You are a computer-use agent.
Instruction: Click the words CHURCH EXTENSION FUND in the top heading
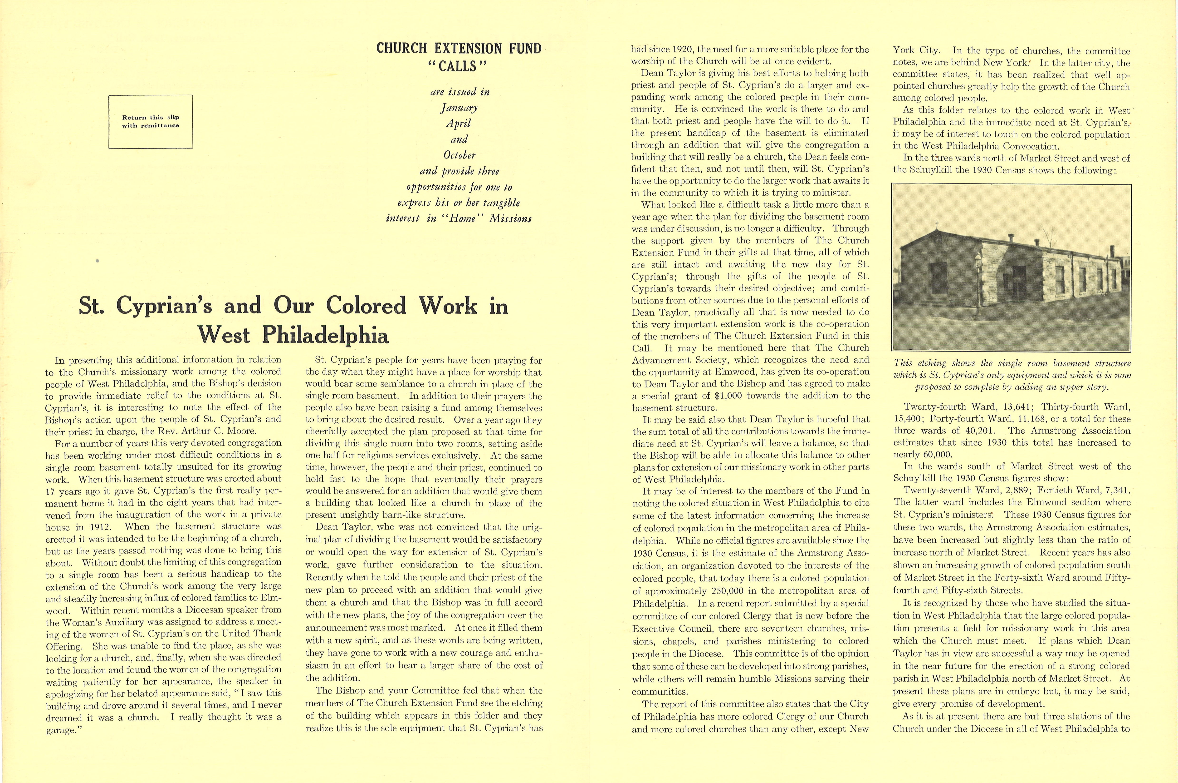click(459, 49)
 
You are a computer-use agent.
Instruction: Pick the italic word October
click(459, 155)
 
